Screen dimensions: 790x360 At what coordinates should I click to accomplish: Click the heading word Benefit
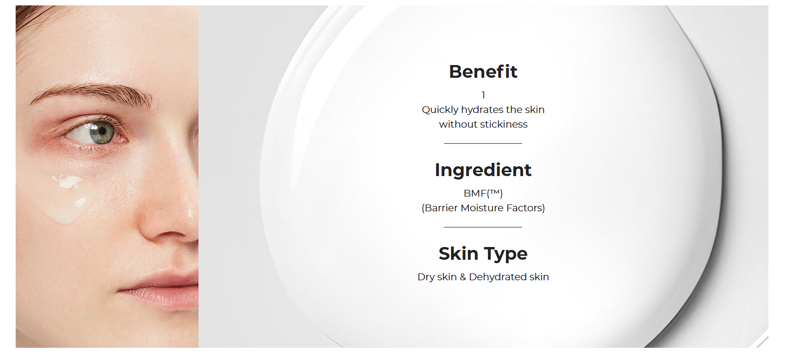click(x=483, y=71)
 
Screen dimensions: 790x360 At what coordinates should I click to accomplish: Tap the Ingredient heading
click(x=483, y=170)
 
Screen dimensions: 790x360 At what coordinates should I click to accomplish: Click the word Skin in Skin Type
click(x=459, y=253)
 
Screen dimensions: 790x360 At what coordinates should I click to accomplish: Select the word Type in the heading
click(x=505, y=254)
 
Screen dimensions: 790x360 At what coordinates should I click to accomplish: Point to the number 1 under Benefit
click(x=483, y=95)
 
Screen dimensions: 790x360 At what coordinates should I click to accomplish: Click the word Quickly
click(x=440, y=110)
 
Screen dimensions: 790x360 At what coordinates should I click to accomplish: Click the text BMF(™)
click(x=483, y=193)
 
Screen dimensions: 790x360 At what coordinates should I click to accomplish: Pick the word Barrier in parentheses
click(x=440, y=208)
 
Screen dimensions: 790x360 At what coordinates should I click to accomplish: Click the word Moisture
click(x=482, y=208)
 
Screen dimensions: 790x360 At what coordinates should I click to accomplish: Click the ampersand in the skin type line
click(x=463, y=277)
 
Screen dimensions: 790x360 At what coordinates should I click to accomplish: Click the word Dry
click(x=426, y=277)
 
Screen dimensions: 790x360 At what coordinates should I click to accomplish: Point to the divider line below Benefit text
click(x=483, y=143)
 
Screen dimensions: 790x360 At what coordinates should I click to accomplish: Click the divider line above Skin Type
click(x=483, y=227)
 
